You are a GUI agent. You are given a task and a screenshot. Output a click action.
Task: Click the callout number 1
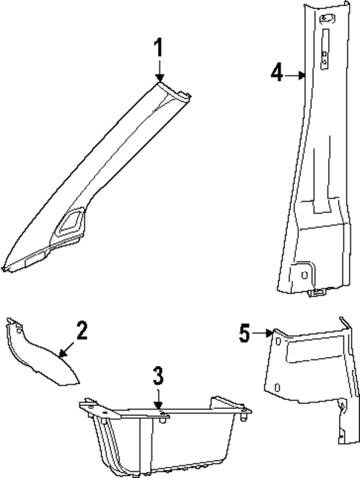[157, 49]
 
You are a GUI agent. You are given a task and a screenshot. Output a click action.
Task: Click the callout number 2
[82, 330]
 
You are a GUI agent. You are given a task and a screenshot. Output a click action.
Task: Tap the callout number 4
[276, 73]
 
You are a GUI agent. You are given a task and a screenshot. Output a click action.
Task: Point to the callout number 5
[246, 333]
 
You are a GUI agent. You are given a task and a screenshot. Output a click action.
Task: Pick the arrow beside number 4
[295, 74]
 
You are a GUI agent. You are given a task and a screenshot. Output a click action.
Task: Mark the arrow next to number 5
[264, 334]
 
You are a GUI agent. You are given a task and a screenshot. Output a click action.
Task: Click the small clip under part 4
[315, 294]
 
